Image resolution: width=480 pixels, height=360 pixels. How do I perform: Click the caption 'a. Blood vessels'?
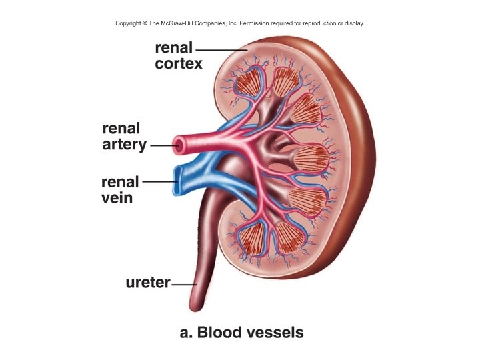[x=241, y=331]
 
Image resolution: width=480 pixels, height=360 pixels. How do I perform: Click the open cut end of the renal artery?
[x=178, y=143]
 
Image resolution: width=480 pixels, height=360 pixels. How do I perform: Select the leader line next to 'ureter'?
[x=181, y=284]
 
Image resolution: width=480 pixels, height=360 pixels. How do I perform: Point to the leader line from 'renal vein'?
[x=159, y=181]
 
